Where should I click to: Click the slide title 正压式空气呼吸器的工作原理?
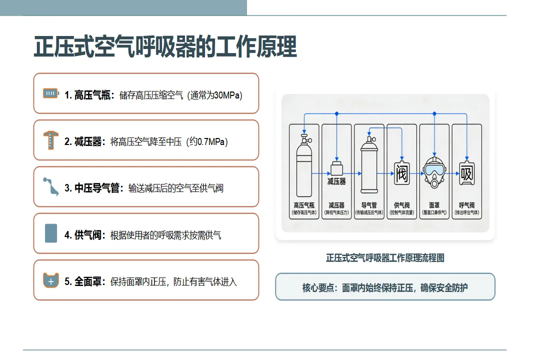coord(165,46)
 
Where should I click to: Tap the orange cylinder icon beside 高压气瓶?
coord(51,93)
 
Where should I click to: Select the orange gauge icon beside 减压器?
coord(50,140)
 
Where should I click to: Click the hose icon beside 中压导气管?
coord(51,186)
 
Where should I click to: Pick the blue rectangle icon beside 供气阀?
coord(51,233)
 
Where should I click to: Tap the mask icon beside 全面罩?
coord(51,280)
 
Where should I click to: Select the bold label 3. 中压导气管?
coord(92,188)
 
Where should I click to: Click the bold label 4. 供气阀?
coord(83,235)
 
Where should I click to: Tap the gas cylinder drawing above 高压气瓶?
coord(304,165)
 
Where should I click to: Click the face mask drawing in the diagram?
coord(434,172)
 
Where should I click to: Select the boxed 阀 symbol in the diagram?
coord(402,173)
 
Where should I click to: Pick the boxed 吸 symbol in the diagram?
coord(467,173)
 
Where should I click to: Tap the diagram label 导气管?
coord(369,205)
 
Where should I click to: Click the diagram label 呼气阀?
coord(467,205)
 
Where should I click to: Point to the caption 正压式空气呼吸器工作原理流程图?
coord(385,257)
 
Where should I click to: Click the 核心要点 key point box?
coord(385,286)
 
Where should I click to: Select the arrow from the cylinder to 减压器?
coord(321,173)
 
